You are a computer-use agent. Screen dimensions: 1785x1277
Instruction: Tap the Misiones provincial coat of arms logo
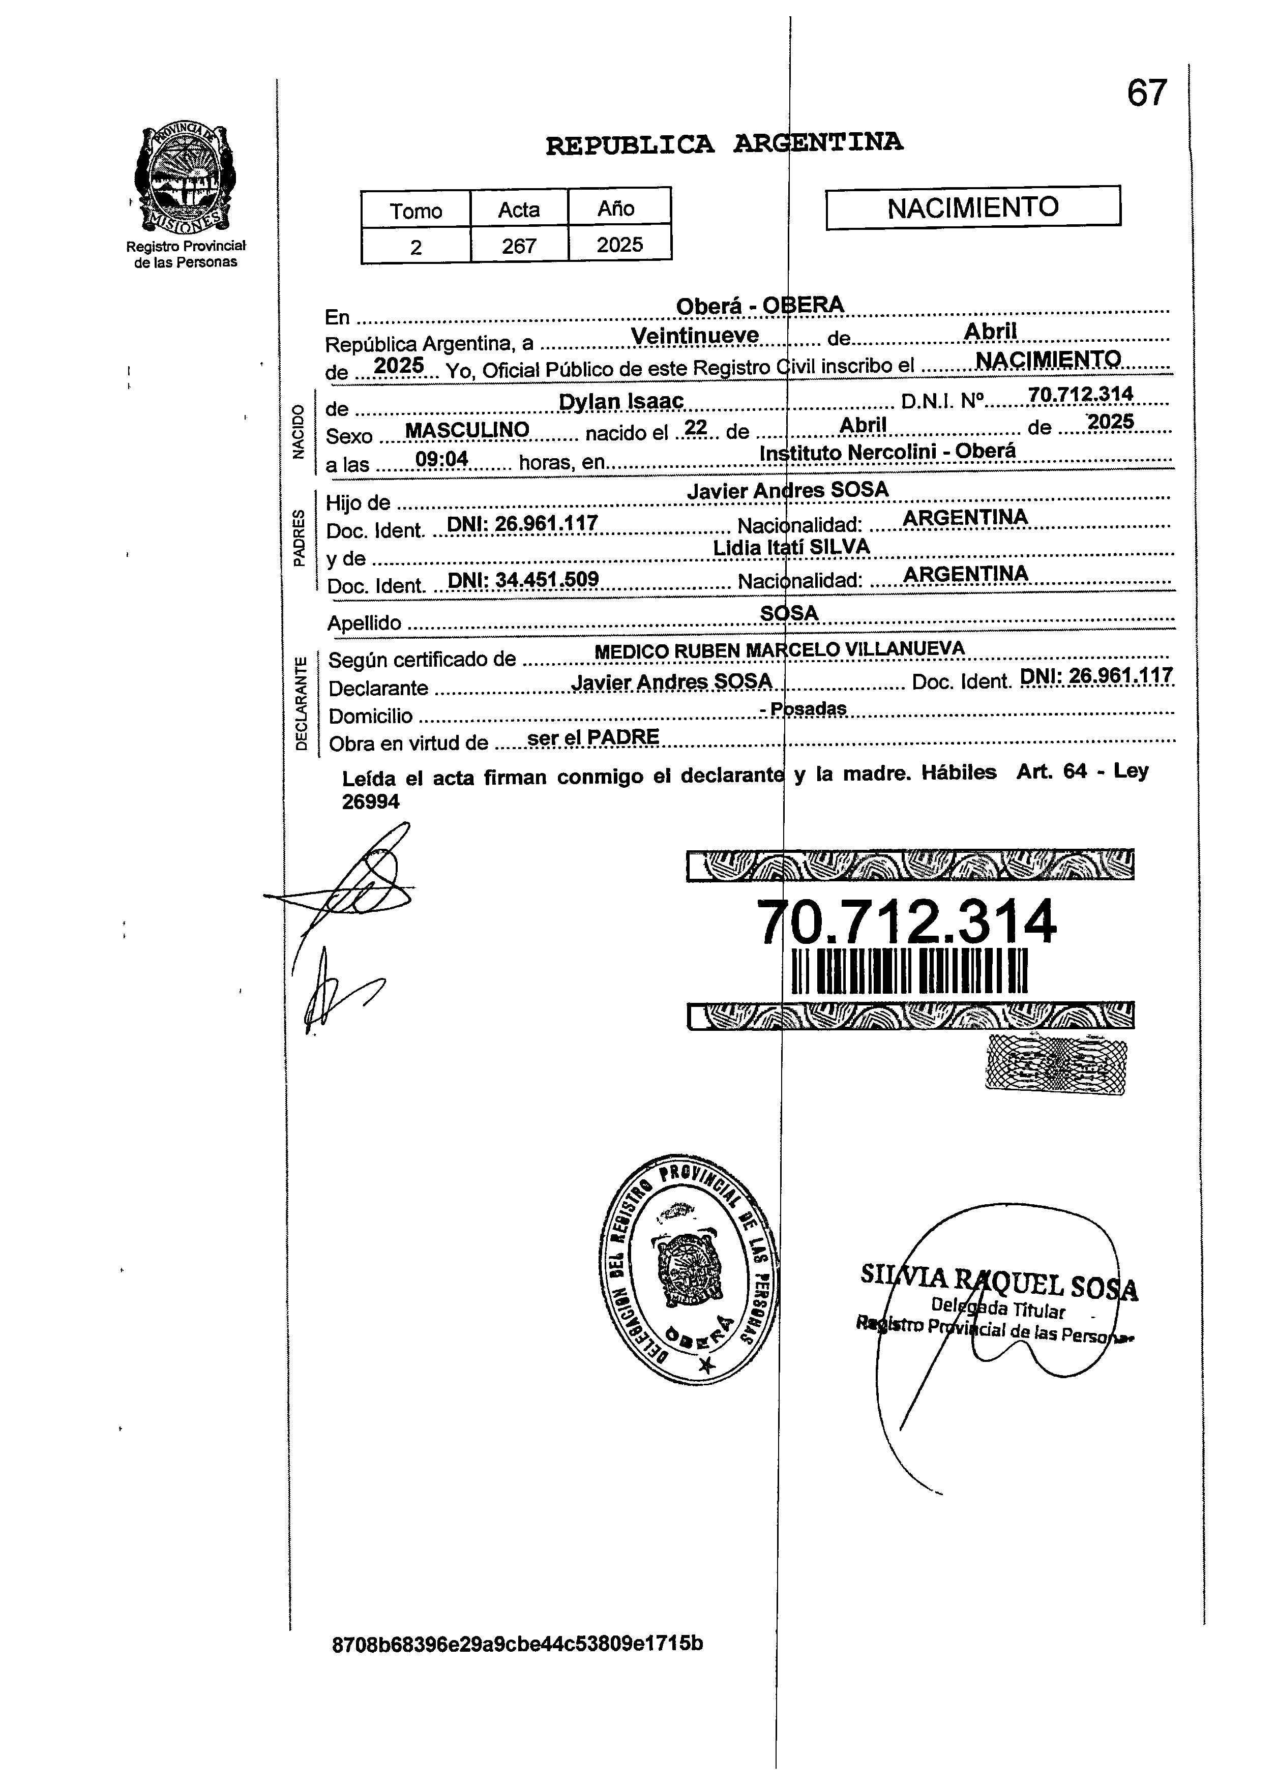(186, 177)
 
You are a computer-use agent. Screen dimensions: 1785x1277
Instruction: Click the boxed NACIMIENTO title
(973, 207)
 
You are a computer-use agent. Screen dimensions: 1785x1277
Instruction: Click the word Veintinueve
(695, 337)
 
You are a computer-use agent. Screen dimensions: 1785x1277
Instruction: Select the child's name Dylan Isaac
(621, 402)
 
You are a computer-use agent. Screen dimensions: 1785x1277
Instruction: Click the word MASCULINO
(466, 430)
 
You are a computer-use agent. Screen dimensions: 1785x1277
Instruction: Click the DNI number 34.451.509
(523, 580)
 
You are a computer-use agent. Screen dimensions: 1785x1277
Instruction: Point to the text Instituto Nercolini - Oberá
(888, 452)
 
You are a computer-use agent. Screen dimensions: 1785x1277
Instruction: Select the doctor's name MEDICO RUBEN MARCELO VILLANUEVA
(779, 650)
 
